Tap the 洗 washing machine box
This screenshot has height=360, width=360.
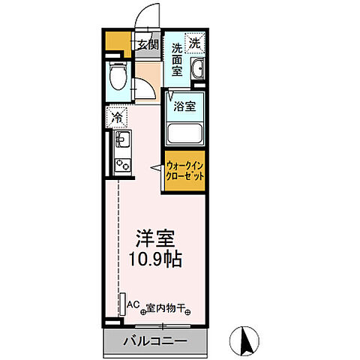194,43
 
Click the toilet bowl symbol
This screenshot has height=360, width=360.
117,76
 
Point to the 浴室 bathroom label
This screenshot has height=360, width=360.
185,106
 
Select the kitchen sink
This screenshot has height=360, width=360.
121,139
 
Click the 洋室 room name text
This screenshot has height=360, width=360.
155,241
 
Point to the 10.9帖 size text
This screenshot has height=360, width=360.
155,261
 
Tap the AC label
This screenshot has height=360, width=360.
133,304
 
